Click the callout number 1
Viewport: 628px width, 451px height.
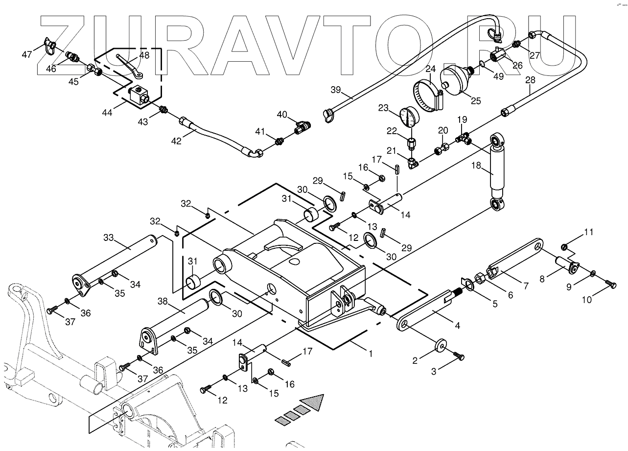pos(371,353)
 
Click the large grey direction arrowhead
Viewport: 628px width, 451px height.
pos(313,403)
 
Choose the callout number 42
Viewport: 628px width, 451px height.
pos(176,141)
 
